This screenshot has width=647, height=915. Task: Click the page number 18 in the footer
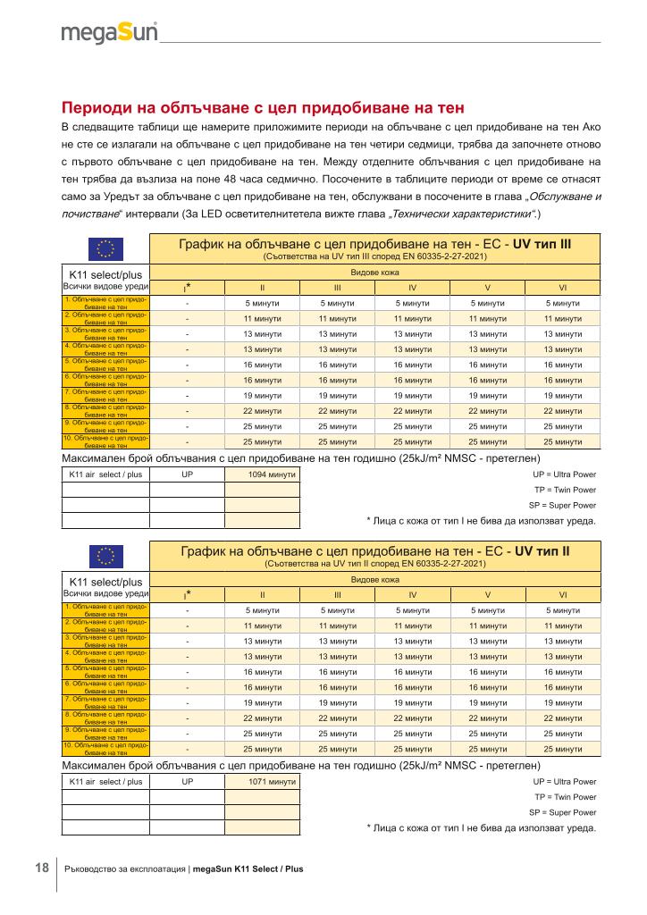point(42,868)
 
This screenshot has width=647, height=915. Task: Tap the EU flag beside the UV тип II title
point(106,558)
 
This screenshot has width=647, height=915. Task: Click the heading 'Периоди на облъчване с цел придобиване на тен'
point(263,107)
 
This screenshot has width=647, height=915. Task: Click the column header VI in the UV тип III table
point(562,288)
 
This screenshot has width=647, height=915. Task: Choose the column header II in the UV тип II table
point(263,594)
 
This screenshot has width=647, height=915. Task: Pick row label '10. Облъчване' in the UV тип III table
point(105,441)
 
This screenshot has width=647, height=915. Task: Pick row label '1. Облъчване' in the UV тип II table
point(105,610)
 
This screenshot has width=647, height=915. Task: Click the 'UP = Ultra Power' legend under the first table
point(564,474)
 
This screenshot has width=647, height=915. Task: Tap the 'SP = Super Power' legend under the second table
point(562,812)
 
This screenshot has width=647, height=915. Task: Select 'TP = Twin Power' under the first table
point(565,490)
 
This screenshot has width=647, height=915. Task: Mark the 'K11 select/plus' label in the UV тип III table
point(106,273)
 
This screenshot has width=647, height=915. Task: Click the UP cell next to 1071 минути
point(188,782)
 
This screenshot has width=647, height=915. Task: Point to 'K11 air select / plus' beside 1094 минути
point(106,474)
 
